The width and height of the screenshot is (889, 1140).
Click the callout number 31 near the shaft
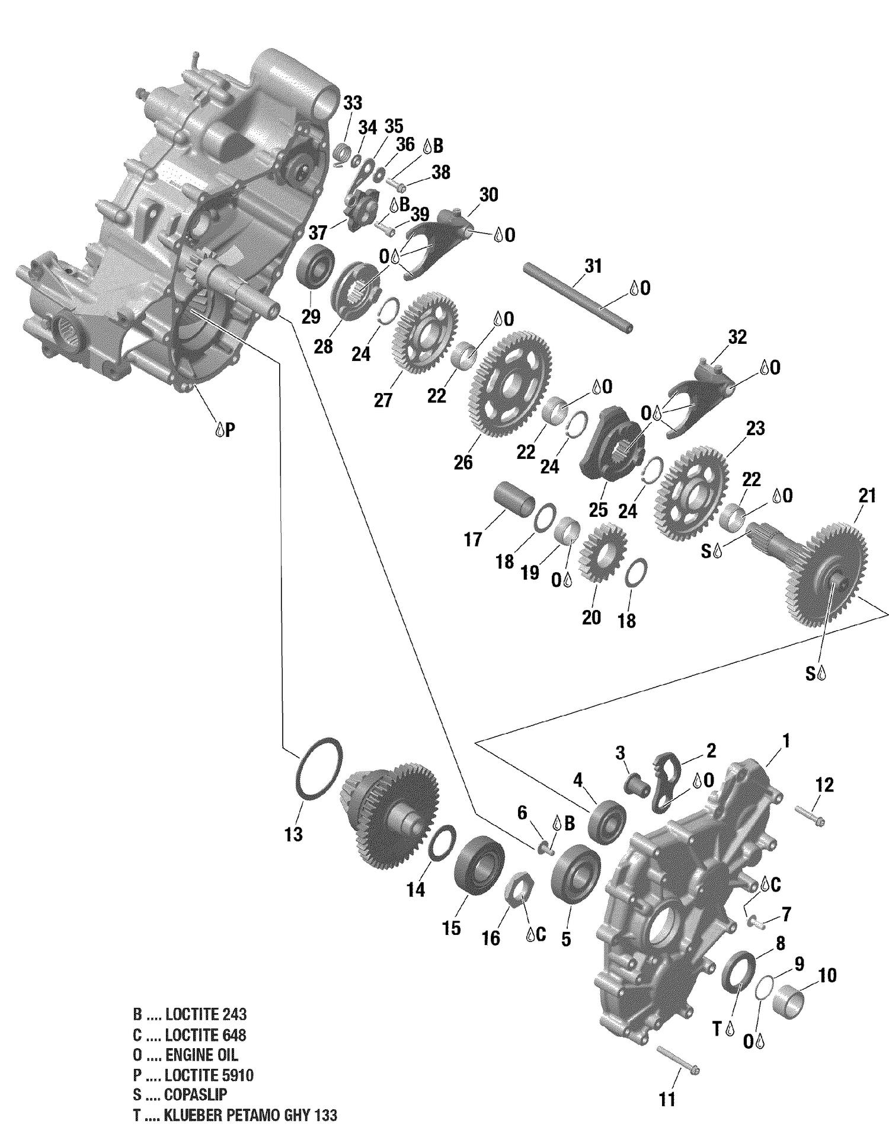tap(593, 266)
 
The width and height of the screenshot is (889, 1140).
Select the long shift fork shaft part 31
tap(578, 298)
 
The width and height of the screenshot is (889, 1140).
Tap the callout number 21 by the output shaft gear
tap(866, 496)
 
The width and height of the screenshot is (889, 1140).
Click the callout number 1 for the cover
tap(786, 740)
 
